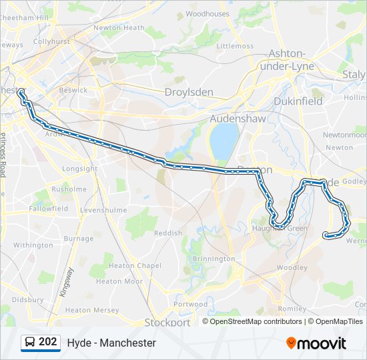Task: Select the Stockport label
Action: click(167, 322)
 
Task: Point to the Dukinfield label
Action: click(298, 101)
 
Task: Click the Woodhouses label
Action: click(207, 13)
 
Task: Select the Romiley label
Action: click(292, 309)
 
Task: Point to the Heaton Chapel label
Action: click(126, 265)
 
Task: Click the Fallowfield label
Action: click(49, 209)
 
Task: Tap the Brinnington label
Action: click(214, 259)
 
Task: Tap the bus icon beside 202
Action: click(29, 343)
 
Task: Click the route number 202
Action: click(47, 342)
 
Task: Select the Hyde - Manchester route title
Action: click(111, 343)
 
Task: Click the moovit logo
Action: click(316, 343)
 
